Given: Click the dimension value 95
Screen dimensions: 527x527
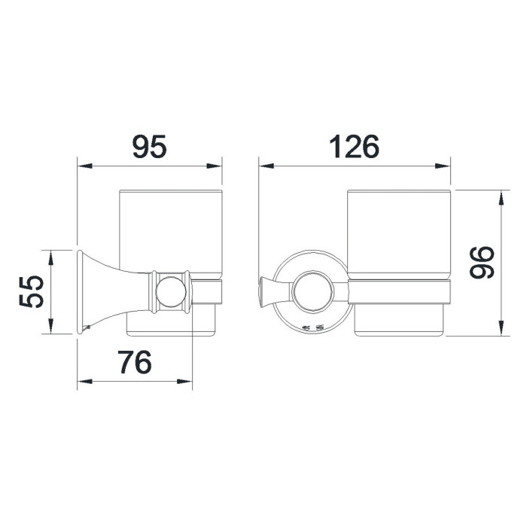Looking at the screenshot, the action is click(x=150, y=147).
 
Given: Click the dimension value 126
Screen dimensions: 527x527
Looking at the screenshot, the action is click(x=355, y=147).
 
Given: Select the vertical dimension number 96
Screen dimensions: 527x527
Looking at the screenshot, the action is click(x=482, y=263).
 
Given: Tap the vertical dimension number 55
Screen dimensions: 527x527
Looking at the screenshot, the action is click(x=32, y=292).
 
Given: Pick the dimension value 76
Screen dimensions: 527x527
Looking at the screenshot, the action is click(x=135, y=362).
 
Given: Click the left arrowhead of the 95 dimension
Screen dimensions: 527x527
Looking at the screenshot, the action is click(x=84, y=166).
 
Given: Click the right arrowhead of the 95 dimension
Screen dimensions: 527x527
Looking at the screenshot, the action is click(x=214, y=166).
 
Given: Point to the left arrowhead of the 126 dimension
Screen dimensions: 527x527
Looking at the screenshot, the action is click(x=267, y=166).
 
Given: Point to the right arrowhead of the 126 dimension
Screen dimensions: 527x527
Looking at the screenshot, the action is click(x=443, y=166).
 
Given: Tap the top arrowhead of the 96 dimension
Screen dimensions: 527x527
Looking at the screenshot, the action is click(x=501, y=197).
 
